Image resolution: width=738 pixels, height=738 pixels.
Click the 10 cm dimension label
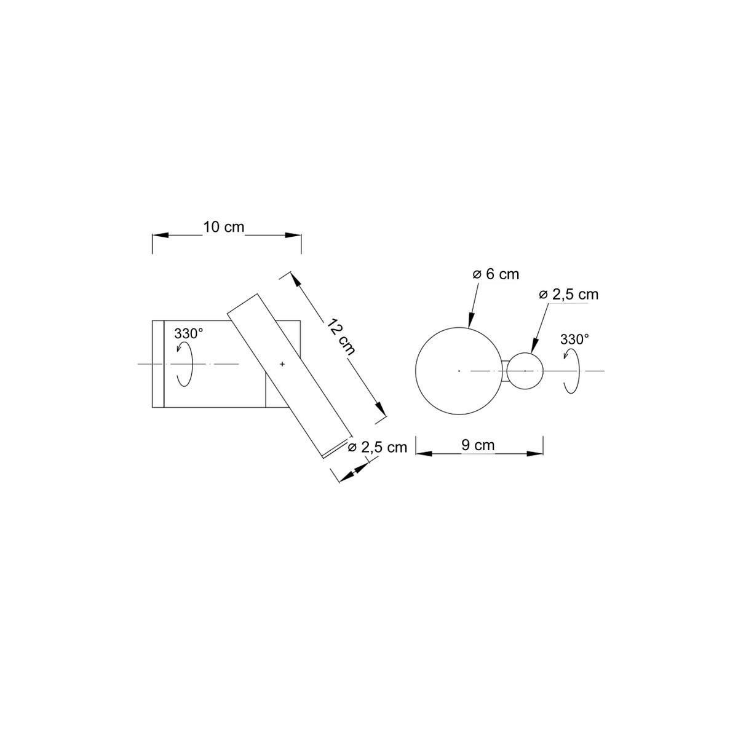[223, 227]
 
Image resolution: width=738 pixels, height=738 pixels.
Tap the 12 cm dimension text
[341, 336]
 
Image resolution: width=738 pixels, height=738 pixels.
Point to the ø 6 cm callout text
[496, 274]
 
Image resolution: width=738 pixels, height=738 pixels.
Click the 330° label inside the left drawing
[188, 333]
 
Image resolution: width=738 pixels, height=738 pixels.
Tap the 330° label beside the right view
[574, 339]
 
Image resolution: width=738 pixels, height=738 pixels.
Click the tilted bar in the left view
[290, 376]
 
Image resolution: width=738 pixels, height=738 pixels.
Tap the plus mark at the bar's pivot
[282, 364]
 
